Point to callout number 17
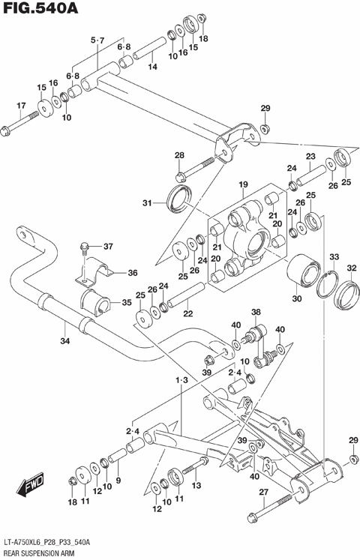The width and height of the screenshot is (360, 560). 21,105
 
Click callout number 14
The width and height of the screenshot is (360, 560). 152,67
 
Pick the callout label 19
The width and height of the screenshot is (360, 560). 243,184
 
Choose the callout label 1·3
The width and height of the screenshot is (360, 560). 181,381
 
